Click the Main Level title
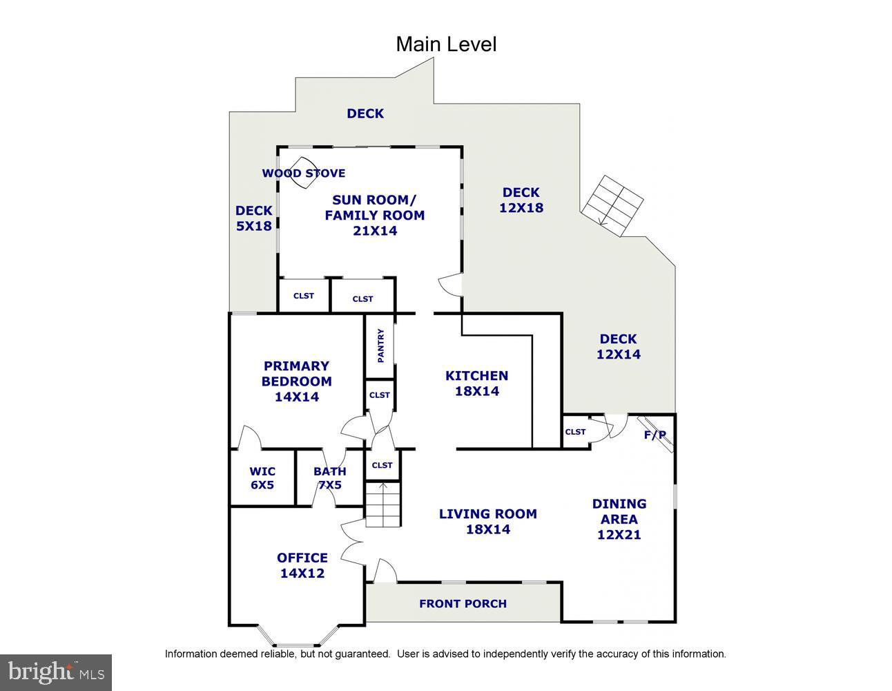pyautogui.click(x=445, y=44)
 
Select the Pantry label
pyautogui.click(x=380, y=345)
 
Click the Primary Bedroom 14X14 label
pyautogui.click(x=296, y=381)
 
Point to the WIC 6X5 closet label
pyautogui.click(x=262, y=478)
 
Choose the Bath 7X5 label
pyautogui.click(x=329, y=478)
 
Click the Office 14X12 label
pyautogui.click(x=302, y=565)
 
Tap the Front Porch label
pyautogui.click(x=463, y=603)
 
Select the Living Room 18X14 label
pyautogui.click(x=487, y=521)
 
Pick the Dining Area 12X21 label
pyautogui.click(x=619, y=518)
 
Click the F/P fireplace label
pyautogui.click(x=655, y=435)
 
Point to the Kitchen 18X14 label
pyautogui.click(x=476, y=383)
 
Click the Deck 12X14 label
pyautogui.click(x=618, y=346)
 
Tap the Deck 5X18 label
pyautogui.click(x=253, y=218)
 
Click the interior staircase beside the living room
pyautogui.click(x=382, y=504)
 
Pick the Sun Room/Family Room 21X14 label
pyautogui.click(x=374, y=215)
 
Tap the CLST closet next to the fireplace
pyautogui.click(x=575, y=432)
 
